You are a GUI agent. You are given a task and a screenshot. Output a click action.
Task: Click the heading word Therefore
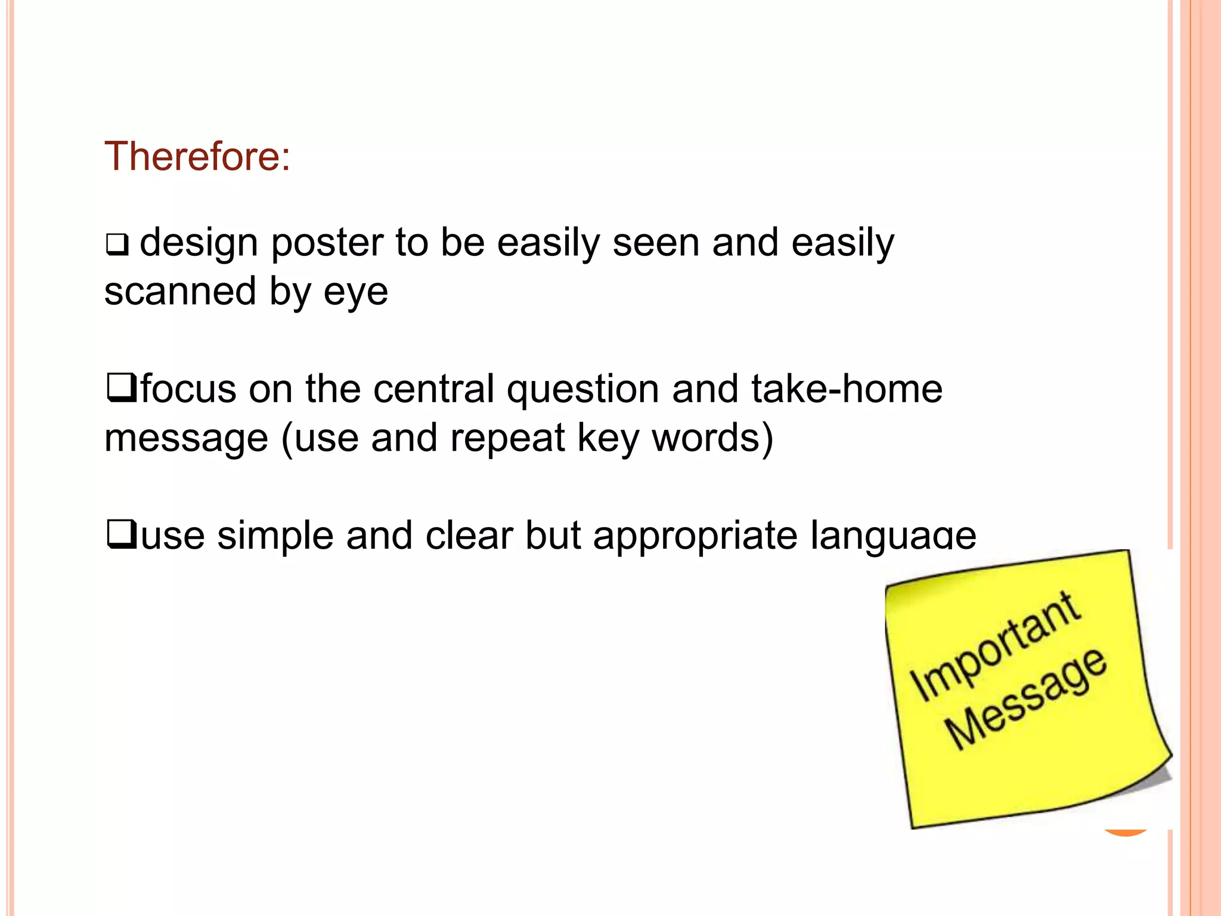(197, 156)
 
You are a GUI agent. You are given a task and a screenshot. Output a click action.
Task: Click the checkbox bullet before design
(117, 245)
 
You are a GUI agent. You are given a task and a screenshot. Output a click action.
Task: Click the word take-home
(847, 389)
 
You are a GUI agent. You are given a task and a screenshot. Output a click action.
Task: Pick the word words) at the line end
(712, 438)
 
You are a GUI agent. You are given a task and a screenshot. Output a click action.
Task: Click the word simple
(275, 536)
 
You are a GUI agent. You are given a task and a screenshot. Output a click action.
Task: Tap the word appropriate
(695, 536)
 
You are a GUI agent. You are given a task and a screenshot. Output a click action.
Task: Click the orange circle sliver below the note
(1126, 833)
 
